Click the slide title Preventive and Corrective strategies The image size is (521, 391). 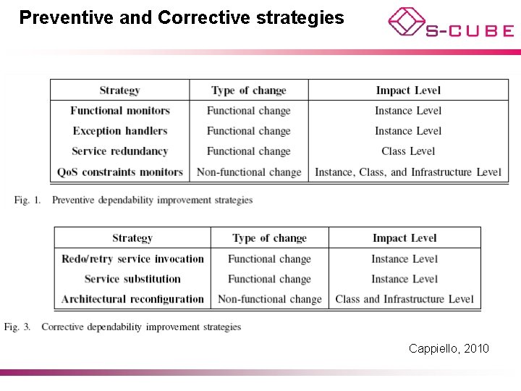pyautogui.click(x=182, y=17)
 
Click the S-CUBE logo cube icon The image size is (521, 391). pyautogui.click(x=405, y=22)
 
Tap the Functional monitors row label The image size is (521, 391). pyautogui.click(x=120, y=111)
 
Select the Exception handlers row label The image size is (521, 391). pyautogui.click(x=120, y=131)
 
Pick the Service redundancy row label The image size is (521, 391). pyautogui.click(x=120, y=151)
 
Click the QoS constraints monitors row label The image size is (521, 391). pyautogui.click(x=120, y=172)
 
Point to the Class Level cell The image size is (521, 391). pyautogui.click(x=408, y=151)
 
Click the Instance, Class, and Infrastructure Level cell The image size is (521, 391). pyautogui.click(x=408, y=172)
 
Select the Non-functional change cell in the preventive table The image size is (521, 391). pyautogui.click(x=249, y=172)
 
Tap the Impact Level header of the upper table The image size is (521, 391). pyautogui.click(x=408, y=91)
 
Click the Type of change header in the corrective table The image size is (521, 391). pyautogui.click(x=269, y=238)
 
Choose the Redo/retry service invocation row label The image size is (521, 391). pyautogui.click(x=132, y=258)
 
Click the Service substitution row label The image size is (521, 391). pyautogui.click(x=132, y=279)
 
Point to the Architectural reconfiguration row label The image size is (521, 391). pyautogui.click(x=132, y=299)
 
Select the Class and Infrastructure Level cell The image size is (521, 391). pyautogui.click(x=404, y=299)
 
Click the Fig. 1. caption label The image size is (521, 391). pyautogui.click(x=27, y=200)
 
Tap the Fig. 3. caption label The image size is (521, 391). pyautogui.click(x=17, y=327)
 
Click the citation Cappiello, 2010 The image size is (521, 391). pyautogui.click(x=449, y=349)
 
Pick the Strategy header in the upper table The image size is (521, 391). pyautogui.click(x=120, y=91)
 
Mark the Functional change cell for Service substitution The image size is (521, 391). pyautogui.click(x=269, y=279)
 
